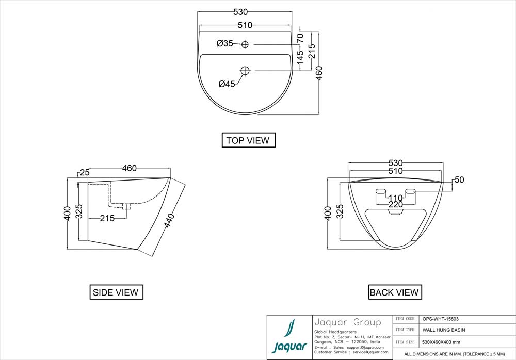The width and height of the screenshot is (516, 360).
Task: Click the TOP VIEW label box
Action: pyautogui.click(x=248, y=140)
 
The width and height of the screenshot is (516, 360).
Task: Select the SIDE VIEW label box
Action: pyautogui.click(x=116, y=292)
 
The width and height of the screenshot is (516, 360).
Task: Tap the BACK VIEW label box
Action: pyautogui.click(x=394, y=292)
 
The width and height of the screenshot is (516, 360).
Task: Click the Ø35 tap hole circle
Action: pyautogui.click(x=245, y=44)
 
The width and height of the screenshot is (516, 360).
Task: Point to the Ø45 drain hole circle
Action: pyautogui.click(x=245, y=70)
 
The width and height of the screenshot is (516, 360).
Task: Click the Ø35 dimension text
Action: pyautogui.click(x=225, y=44)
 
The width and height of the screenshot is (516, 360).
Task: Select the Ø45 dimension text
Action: pyautogui.click(x=227, y=84)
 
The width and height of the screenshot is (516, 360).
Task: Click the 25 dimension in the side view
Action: pyautogui.click(x=85, y=172)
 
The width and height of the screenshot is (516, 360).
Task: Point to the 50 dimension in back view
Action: pyautogui.click(x=459, y=180)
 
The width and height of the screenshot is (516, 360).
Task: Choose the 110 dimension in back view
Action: pyautogui.click(x=395, y=198)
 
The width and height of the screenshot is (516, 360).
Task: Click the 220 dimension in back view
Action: pyautogui.click(x=395, y=205)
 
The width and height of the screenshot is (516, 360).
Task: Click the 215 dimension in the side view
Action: pyautogui.click(x=107, y=218)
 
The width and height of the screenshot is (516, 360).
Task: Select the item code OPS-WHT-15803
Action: pyautogui.click(x=440, y=319)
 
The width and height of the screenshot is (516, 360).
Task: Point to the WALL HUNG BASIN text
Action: pyautogui.click(x=444, y=330)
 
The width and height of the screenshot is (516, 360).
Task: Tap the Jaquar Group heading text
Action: pyautogui.click(x=347, y=323)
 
